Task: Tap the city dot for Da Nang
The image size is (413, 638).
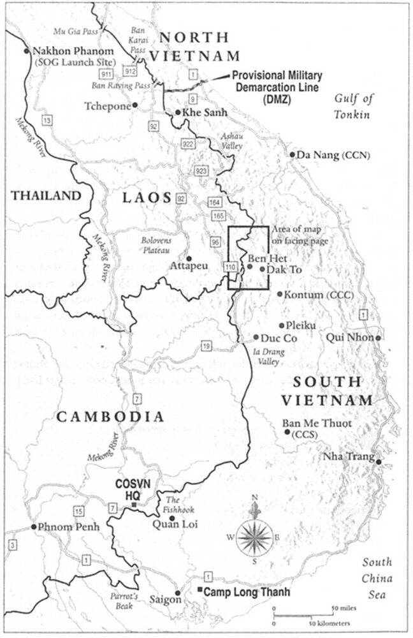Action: (293, 154)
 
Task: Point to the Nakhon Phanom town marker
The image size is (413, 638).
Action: (26, 51)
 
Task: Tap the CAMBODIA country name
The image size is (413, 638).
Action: (110, 417)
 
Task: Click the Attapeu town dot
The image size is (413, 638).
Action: (189, 258)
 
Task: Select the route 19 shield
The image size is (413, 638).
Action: (207, 346)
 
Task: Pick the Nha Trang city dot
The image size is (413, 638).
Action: (379, 461)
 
